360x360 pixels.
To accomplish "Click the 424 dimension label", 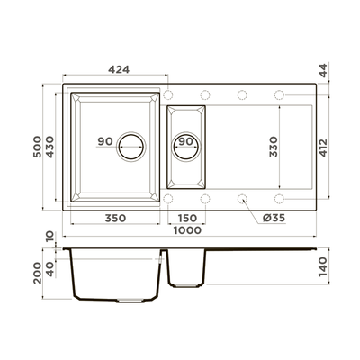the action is pos(119,69).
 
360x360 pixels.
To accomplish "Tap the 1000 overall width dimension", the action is pos(188,230).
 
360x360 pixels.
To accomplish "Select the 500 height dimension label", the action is pos(38,147).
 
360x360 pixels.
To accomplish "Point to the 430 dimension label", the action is pos(49,147).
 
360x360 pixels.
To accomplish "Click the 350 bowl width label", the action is pos(115,218).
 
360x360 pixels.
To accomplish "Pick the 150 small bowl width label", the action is pos(186,218).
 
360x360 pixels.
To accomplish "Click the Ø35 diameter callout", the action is pos(274,218).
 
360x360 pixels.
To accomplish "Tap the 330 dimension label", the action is pos(274,147).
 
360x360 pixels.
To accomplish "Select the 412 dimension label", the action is pos(323,148).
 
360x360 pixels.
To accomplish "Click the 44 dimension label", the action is pos(323,71).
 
